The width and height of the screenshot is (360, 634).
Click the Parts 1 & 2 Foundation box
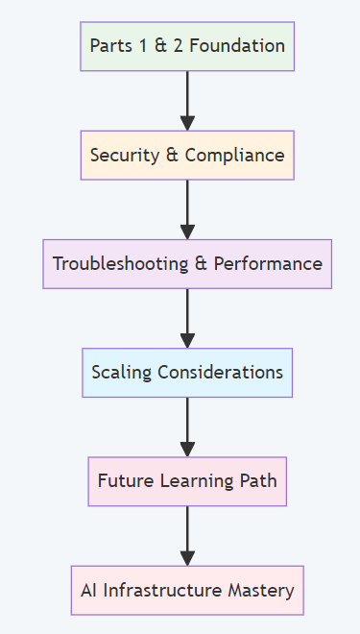click(x=187, y=46)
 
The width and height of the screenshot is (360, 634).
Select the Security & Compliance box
click(x=187, y=155)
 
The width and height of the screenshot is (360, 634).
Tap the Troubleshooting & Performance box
click(x=187, y=263)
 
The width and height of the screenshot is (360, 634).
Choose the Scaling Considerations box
click(x=187, y=372)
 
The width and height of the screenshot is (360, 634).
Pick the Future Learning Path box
click(x=187, y=481)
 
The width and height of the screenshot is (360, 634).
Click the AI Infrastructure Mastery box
click(x=187, y=590)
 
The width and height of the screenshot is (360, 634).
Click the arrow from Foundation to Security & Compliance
click(x=187, y=100)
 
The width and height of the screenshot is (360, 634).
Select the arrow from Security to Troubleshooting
click(x=187, y=208)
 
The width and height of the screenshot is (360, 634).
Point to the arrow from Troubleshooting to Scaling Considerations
click(x=187, y=317)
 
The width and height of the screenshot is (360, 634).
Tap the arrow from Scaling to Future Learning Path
click(x=187, y=427)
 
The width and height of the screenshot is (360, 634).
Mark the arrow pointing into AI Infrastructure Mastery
click(x=187, y=535)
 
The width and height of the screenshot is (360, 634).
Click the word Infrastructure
click(x=168, y=591)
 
